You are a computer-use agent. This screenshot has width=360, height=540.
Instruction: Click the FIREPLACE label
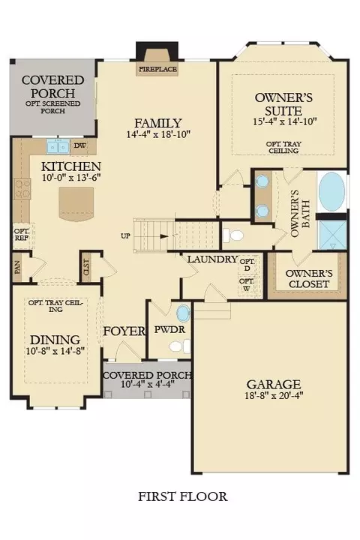pyautogui.click(x=157, y=69)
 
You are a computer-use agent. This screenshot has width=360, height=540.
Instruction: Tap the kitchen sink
pyautogui.click(x=58, y=147)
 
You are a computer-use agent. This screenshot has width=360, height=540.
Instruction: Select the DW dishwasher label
pyautogui.click(x=80, y=145)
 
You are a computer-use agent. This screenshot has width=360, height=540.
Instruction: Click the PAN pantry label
pyautogui.click(x=17, y=267)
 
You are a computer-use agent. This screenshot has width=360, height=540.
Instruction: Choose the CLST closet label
pyautogui.click(x=86, y=267)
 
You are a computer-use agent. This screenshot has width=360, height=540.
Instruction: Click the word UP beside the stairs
pyautogui.click(x=126, y=236)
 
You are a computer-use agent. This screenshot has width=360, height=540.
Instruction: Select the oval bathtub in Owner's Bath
pyautogui.click(x=331, y=191)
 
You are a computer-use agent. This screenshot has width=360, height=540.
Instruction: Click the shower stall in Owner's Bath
pyautogui.click(x=332, y=235)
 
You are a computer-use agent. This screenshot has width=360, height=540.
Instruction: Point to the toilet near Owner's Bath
pyautogui.click(x=233, y=235)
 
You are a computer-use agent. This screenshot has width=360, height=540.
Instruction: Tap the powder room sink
pyautogui.click(x=183, y=313)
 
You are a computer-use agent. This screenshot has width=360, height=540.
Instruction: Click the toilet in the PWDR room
pyautogui.click(x=180, y=346)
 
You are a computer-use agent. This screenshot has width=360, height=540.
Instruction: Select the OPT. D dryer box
pyautogui.click(x=247, y=265)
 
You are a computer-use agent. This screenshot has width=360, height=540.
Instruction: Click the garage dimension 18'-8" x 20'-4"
pyautogui.click(x=274, y=395)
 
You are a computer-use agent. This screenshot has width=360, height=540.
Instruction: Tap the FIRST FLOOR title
pyautogui.click(x=182, y=496)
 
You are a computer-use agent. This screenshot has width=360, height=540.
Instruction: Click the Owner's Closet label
pyautogui.click(x=309, y=278)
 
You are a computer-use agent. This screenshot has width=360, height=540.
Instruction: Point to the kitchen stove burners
pyautogui.click(x=22, y=189)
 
